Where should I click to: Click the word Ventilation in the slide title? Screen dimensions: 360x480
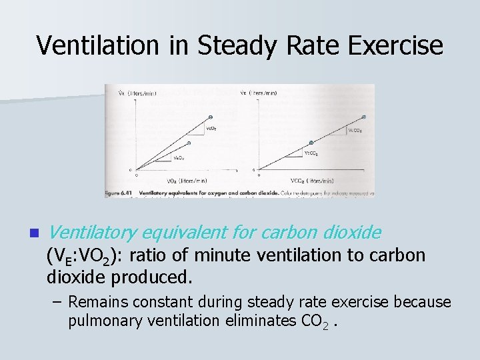97,45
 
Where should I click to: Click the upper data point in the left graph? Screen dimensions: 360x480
212,117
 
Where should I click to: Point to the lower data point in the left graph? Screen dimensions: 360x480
189,142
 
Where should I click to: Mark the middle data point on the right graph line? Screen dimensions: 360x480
311,143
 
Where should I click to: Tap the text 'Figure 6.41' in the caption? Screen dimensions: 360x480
119,193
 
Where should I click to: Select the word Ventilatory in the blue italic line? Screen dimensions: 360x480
93,233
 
